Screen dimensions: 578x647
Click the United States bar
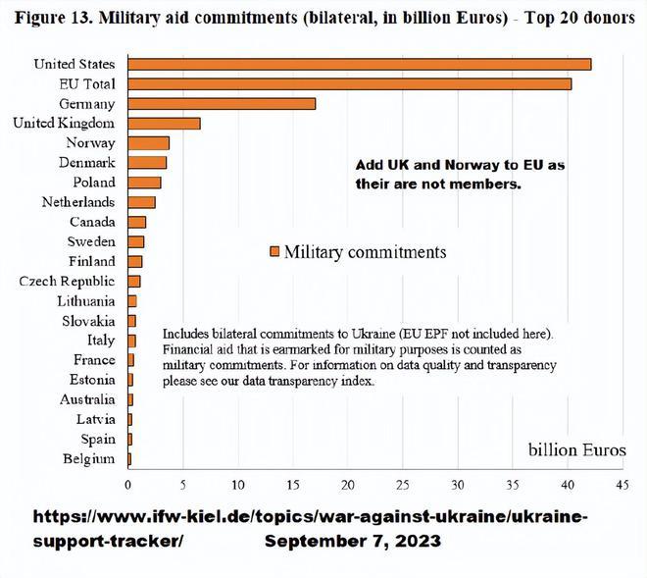click(359, 64)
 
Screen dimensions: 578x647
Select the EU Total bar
click(349, 83)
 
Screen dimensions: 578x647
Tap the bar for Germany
click(222, 103)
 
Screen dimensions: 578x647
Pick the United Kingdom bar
click(164, 123)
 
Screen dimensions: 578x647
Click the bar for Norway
click(148, 143)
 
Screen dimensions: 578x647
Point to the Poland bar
click(144, 183)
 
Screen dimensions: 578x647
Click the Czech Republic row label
click(67, 282)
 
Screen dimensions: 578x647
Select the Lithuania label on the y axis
click(86, 301)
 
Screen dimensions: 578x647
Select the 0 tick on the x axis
click(128, 485)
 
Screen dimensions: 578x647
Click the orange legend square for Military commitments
click(274, 252)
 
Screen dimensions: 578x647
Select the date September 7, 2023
click(352, 542)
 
